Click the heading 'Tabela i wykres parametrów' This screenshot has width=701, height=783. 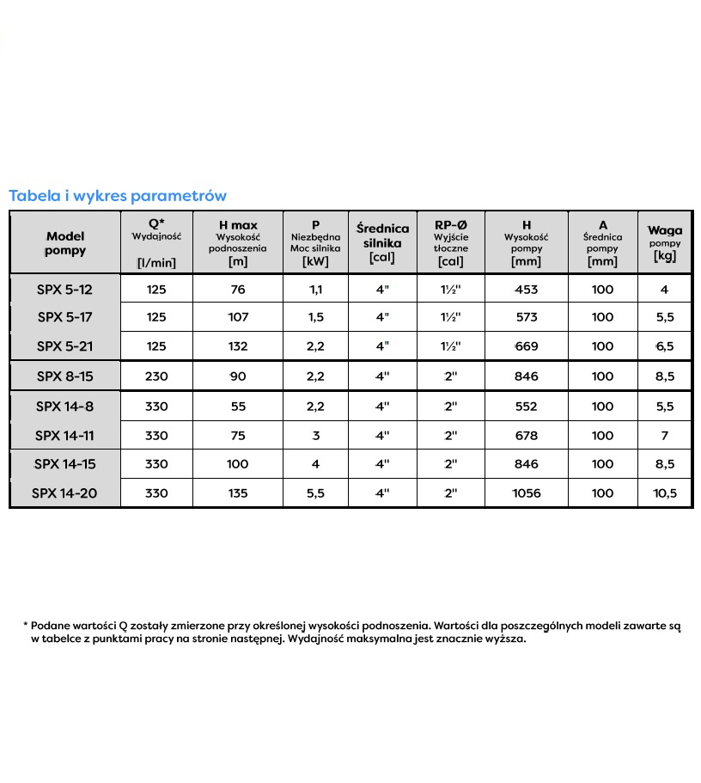pyautogui.click(x=118, y=195)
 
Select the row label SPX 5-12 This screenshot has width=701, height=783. pyautogui.click(x=64, y=290)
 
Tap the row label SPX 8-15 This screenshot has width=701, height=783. pyautogui.click(x=64, y=376)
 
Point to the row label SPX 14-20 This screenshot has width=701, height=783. pyautogui.click(x=64, y=493)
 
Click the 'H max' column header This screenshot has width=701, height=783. pyautogui.click(x=238, y=225)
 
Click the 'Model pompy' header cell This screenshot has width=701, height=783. pyautogui.click(x=65, y=242)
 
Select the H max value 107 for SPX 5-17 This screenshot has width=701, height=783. pyautogui.click(x=238, y=317)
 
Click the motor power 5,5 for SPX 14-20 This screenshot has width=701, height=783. pyautogui.click(x=316, y=493)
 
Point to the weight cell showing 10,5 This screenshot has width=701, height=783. pyautogui.click(x=664, y=493)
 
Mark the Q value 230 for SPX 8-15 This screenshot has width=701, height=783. pyautogui.click(x=156, y=376)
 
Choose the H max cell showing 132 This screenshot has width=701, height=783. pyautogui.click(x=238, y=346)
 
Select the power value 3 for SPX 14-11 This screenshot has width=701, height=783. pyautogui.click(x=316, y=436)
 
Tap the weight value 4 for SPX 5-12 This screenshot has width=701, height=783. pyautogui.click(x=664, y=290)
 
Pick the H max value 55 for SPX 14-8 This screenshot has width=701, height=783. pyautogui.click(x=238, y=406)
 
